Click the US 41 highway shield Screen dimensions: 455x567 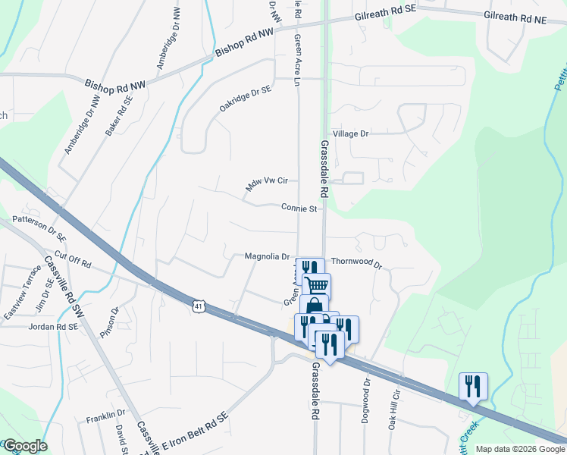pos(198,306)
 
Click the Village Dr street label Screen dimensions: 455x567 pos(352,133)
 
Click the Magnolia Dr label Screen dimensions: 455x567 pos(268,256)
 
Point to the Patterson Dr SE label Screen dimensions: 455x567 pos(40,226)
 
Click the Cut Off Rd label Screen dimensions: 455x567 pos(73,259)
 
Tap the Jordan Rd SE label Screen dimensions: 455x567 pos(53,327)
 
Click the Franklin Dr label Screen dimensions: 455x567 pos(105,417)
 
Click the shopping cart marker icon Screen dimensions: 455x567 pos(317,284)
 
